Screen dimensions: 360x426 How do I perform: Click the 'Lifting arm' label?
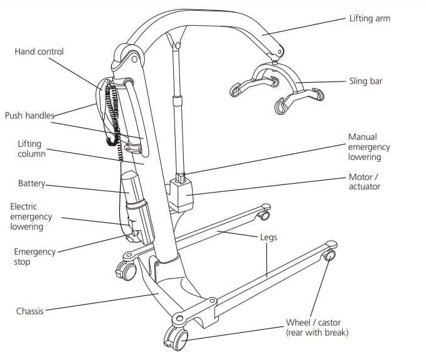(369, 18)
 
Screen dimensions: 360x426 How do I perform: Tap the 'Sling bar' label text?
(365, 82)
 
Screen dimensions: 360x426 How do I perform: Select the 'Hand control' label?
(39, 51)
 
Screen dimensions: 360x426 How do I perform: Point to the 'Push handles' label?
(29, 115)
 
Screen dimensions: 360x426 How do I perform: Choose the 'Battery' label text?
(32, 184)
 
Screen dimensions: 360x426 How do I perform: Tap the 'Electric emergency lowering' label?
(31, 216)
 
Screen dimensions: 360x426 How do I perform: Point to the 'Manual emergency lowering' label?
(369, 147)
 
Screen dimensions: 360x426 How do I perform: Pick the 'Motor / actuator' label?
(365, 181)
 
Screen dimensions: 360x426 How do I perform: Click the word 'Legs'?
(268, 238)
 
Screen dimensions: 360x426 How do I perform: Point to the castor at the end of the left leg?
(264, 215)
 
